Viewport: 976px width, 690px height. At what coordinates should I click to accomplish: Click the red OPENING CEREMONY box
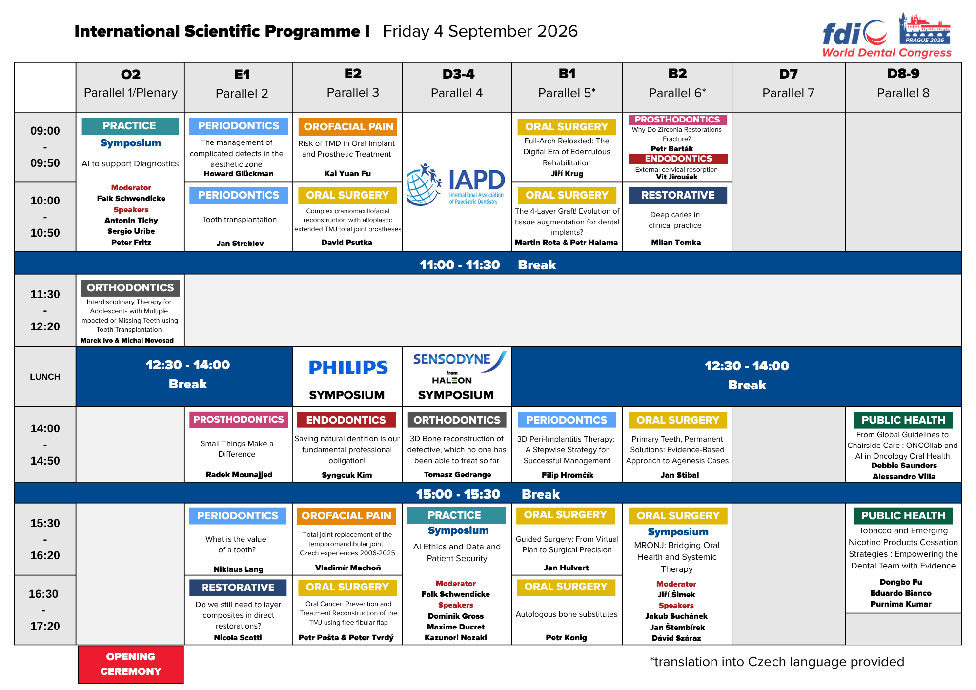click(x=131, y=664)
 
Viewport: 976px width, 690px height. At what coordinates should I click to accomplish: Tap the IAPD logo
click(x=456, y=184)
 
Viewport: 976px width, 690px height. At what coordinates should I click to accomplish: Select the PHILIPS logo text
click(x=348, y=367)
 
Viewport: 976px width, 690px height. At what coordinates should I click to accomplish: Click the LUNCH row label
click(x=45, y=377)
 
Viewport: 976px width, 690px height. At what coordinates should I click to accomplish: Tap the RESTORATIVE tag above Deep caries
click(x=678, y=195)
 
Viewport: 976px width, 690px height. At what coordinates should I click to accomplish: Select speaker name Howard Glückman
click(x=239, y=174)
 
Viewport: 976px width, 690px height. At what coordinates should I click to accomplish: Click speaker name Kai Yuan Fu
click(x=347, y=174)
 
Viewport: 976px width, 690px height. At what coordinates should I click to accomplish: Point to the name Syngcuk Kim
click(x=347, y=475)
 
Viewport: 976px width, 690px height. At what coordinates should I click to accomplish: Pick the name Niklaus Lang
click(x=238, y=569)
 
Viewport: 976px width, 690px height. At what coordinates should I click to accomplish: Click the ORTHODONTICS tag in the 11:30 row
click(x=130, y=288)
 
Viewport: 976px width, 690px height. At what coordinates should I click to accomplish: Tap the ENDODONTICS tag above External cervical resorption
click(x=678, y=159)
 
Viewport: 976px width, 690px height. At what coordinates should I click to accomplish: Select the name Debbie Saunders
click(x=904, y=466)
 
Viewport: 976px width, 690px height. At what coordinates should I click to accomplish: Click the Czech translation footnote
click(x=777, y=662)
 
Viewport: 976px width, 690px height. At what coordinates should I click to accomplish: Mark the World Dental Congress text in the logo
click(x=887, y=53)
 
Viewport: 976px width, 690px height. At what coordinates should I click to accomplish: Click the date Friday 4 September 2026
click(x=480, y=31)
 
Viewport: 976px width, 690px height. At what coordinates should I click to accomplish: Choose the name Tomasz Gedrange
click(x=457, y=475)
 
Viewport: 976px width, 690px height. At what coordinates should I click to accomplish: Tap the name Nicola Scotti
click(x=238, y=638)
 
